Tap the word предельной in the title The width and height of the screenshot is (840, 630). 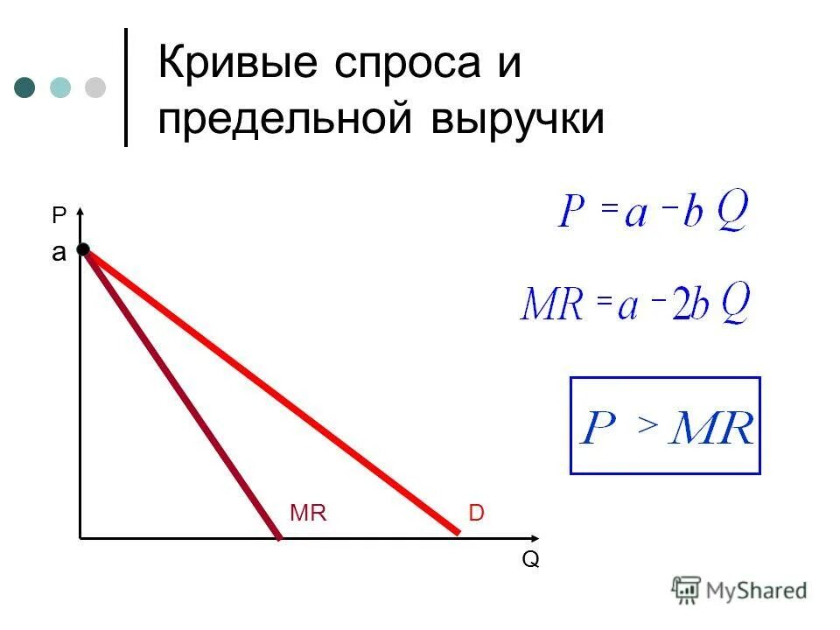[285, 118]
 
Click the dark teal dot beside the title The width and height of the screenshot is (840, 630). [25, 87]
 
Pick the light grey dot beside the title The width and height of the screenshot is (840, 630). [94, 87]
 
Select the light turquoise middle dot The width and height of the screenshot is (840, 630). [60, 87]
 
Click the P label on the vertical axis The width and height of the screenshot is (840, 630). [59, 216]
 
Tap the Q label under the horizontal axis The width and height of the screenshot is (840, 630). [530, 560]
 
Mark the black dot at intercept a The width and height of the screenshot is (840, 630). [83, 250]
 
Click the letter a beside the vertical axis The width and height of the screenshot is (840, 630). [59, 254]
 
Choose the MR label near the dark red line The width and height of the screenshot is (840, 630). [307, 514]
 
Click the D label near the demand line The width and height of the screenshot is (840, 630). [476, 514]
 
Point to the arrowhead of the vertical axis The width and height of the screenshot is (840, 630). [80, 210]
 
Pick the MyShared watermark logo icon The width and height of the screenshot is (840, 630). [686, 590]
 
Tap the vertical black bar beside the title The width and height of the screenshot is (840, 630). [126, 87]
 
